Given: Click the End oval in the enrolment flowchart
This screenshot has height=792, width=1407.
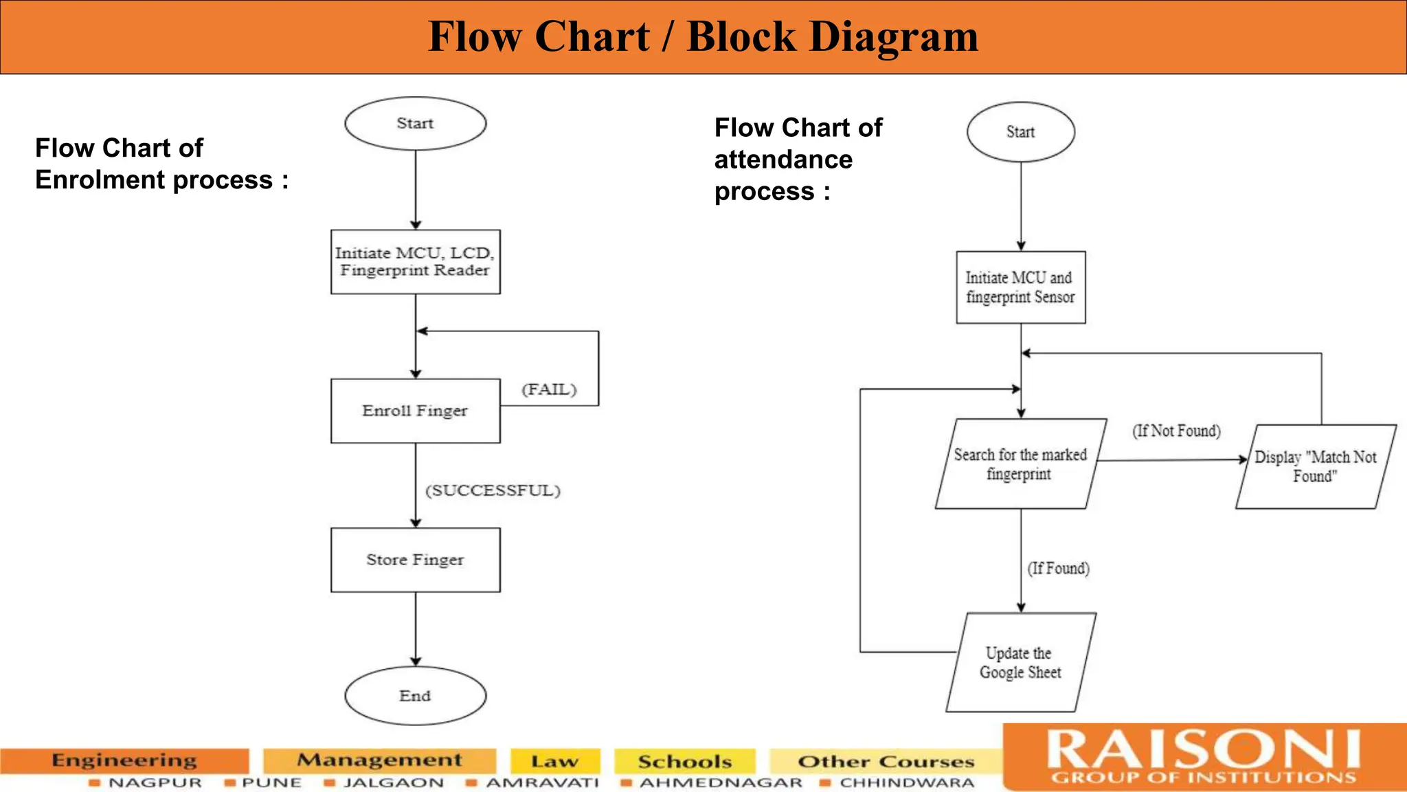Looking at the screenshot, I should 415,696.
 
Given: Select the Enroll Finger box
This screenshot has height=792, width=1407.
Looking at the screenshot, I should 415,410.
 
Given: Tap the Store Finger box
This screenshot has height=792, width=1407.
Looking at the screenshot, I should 415,560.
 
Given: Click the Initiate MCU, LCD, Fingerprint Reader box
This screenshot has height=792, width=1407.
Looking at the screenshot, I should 415,262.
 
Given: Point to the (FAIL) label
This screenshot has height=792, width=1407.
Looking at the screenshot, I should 549,390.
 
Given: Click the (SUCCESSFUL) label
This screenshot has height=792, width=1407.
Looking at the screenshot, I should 493,491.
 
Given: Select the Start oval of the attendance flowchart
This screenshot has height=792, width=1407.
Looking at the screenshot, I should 1020,132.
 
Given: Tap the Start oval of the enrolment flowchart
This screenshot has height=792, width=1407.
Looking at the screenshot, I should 415,124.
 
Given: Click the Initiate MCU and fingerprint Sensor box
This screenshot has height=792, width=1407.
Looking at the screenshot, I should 1020,287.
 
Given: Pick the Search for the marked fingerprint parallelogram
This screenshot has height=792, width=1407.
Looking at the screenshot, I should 1020,464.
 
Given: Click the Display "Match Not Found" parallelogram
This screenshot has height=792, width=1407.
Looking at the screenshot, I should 1315,467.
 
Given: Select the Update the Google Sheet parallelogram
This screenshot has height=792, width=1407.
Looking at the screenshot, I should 1020,663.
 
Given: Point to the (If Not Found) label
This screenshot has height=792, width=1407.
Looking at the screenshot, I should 1176,431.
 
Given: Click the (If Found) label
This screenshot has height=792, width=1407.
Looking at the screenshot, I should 1058,569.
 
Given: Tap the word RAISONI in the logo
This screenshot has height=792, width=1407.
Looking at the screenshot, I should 1203,749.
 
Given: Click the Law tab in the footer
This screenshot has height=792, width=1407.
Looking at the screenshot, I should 554,762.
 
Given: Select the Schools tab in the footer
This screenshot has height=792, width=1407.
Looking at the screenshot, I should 684,762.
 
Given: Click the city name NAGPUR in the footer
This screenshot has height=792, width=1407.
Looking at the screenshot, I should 155,783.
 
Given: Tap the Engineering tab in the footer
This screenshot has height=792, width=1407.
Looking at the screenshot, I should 124,760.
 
